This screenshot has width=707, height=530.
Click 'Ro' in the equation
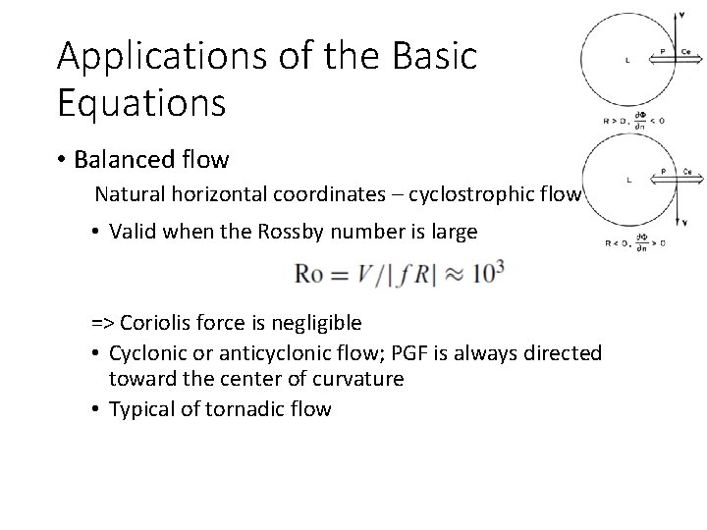coord(309,276)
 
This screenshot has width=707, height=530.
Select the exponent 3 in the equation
coord(500,267)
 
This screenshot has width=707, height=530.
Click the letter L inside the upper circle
coord(627,60)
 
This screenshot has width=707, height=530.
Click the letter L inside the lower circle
coord(627,181)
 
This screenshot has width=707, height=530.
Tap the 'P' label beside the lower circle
coord(663,171)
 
